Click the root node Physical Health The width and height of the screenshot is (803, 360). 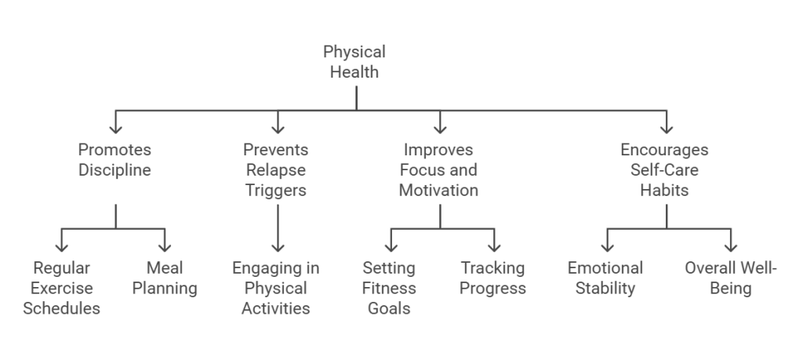point(355,63)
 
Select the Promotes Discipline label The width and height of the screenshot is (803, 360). point(115,160)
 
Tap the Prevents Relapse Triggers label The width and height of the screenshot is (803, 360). point(275,170)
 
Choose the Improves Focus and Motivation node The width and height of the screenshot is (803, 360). point(438,170)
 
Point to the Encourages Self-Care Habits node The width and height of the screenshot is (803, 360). point(665,170)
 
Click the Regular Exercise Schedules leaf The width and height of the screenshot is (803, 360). point(61,289)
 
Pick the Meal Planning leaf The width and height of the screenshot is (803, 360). point(164,278)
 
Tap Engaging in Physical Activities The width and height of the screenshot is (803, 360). point(275,289)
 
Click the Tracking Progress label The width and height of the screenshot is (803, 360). point(492,278)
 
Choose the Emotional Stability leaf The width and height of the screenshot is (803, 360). point(605,278)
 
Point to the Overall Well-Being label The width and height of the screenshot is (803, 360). point(731,278)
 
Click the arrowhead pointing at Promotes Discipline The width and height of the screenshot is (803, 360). point(116,129)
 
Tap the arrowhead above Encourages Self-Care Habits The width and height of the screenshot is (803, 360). point(666,129)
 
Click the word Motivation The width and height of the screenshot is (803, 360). point(438,191)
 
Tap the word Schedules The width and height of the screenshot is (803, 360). point(61,309)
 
